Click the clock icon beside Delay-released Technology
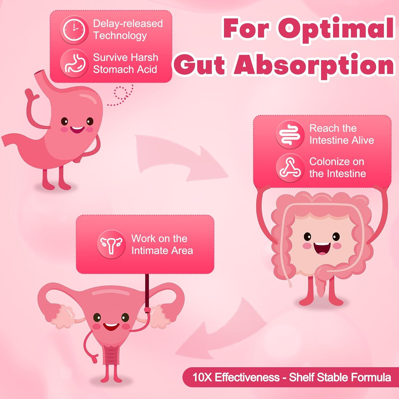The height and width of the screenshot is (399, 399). tap(74, 30)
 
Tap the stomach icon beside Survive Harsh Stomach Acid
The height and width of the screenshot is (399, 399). tap(74, 63)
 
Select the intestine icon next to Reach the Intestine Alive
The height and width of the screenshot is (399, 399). tap(290, 134)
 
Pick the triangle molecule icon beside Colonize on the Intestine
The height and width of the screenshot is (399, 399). tap(290, 168)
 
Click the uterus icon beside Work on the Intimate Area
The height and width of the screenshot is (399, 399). tap(111, 244)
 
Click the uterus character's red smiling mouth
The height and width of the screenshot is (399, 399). tap(111, 327)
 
